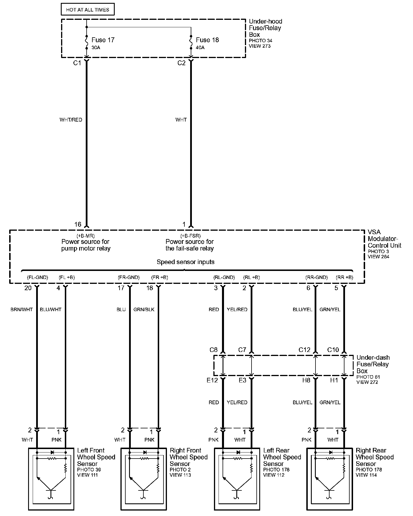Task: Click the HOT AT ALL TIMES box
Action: point(87,10)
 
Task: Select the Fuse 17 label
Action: point(103,40)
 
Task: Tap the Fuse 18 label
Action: point(207,40)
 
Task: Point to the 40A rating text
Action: point(200,47)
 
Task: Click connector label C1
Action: point(77,63)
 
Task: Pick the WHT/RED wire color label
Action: point(71,120)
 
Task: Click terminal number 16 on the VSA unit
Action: point(78,224)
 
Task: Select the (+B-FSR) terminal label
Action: point(190,236)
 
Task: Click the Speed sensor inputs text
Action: point(186,262)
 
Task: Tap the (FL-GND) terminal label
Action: point(38,277)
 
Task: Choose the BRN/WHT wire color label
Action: point(22,309)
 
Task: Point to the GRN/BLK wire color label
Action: point(144,309)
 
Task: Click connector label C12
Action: point(305,350)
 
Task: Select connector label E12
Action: point(212,380)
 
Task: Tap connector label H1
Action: point(334,380)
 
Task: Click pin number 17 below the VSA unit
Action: point(121,288)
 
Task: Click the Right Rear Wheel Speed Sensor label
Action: point(375,457)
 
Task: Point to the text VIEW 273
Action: point(260,46)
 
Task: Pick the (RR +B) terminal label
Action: point(344,277)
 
